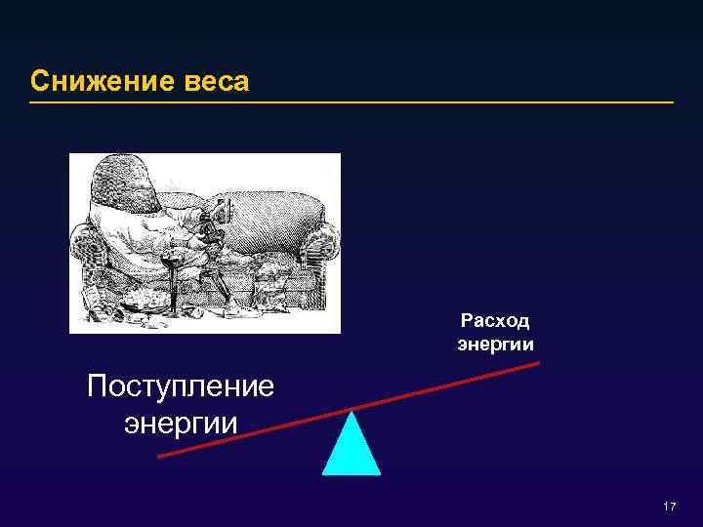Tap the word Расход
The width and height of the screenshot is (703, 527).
[495, 322]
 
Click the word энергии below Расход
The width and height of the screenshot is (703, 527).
[495, 344]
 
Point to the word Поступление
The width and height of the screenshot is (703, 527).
[181, 387]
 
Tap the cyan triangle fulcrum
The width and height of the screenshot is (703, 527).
[351, 449]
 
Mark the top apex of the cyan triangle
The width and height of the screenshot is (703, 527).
[351, 411]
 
